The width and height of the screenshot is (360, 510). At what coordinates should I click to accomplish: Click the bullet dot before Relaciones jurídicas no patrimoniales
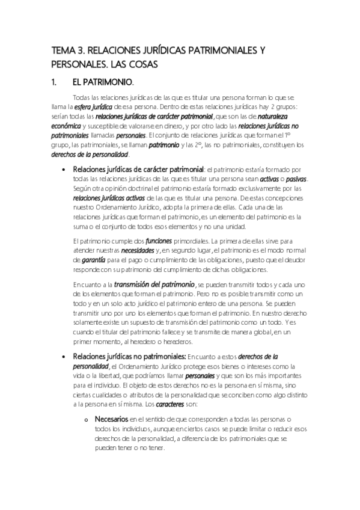tap(64, 357)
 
